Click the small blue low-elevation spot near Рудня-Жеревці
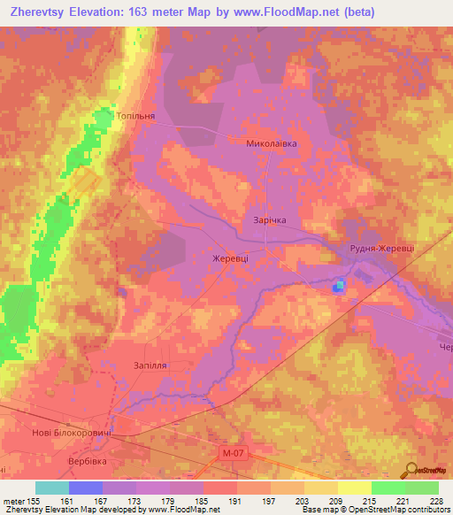[x=338, y=285]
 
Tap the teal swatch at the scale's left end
[x=52, y=488]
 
